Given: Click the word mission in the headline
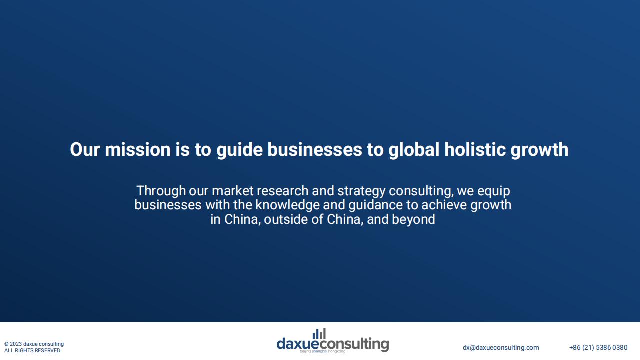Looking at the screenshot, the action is (x=137, y=149).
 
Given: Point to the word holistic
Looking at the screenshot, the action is (x=475, y=149).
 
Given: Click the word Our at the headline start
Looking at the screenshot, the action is (x=85, y=149).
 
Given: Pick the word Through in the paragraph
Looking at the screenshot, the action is (x=161, y=191).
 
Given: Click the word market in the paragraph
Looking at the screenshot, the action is (x=232, y=191).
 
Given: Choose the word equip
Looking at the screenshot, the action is (x=493, y=191).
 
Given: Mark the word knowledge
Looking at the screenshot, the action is (x=287, y=205).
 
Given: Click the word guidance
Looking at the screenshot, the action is (x=376, y=205).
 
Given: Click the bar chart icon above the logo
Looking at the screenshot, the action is (x=319, y=333).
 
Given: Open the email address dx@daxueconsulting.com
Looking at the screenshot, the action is (x=501, y=347).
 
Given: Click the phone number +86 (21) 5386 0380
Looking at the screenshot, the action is (x=598, y=347).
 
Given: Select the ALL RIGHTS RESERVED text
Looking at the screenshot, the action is (x=32, y=350).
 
